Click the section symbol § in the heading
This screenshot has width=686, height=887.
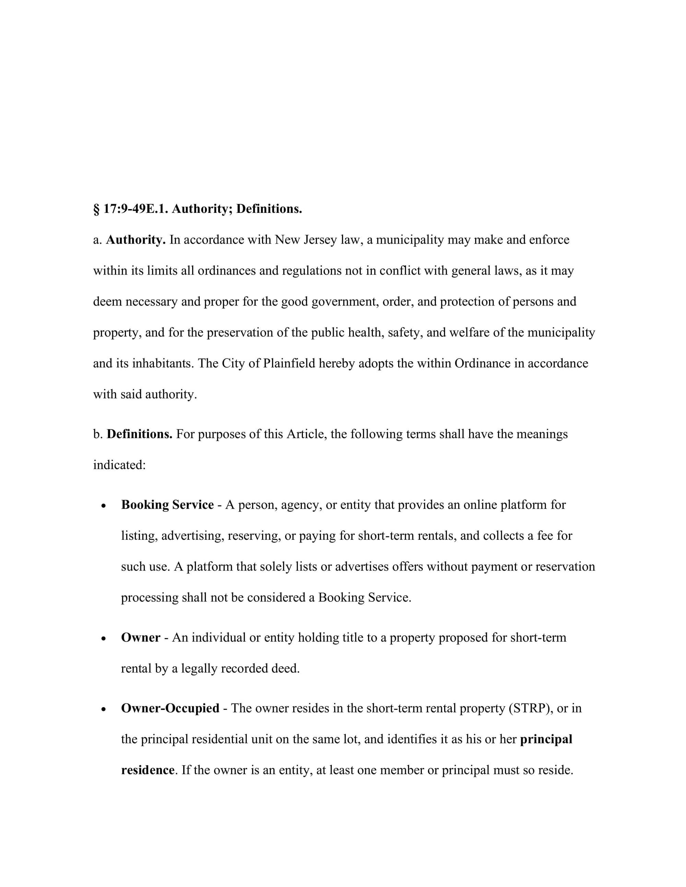pos(96,209)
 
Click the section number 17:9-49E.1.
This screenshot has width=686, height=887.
pos(136,209)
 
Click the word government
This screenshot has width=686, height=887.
pos(345,302)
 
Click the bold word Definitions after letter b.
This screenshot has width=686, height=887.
pos(139,434)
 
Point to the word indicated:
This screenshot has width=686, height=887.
pos(119,465)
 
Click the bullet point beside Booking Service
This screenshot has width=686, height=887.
pos(104,506)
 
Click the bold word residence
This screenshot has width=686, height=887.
pos(148,770)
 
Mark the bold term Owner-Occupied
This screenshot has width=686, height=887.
pos(170,708)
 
